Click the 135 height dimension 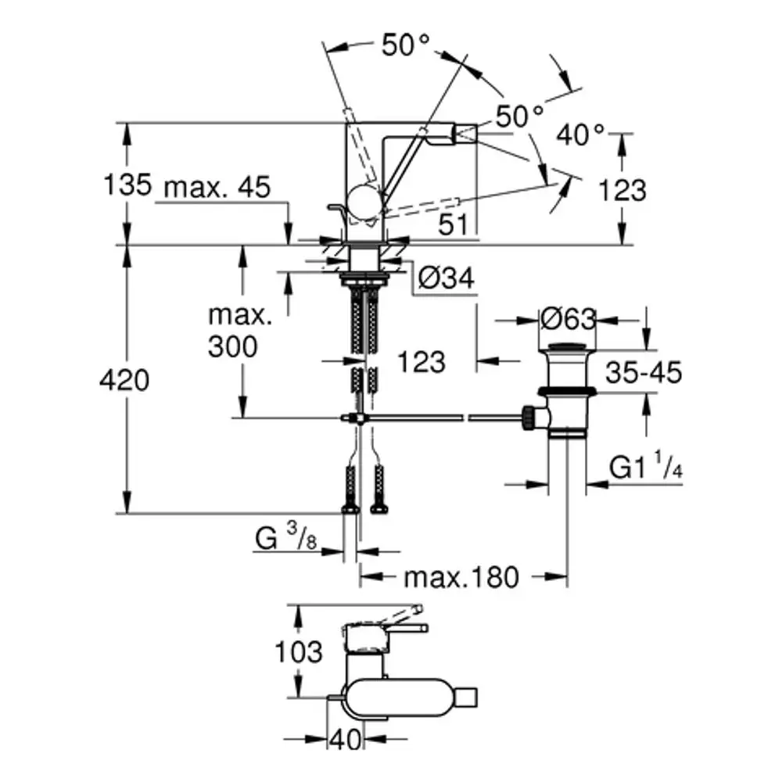point(127,185)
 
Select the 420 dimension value point(124,381)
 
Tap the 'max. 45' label point(217,187)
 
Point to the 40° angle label point(580,135)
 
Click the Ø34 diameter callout point(447,278)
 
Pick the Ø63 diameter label point(569,319)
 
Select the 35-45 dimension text point(644,372)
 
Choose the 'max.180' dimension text point(461,577)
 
